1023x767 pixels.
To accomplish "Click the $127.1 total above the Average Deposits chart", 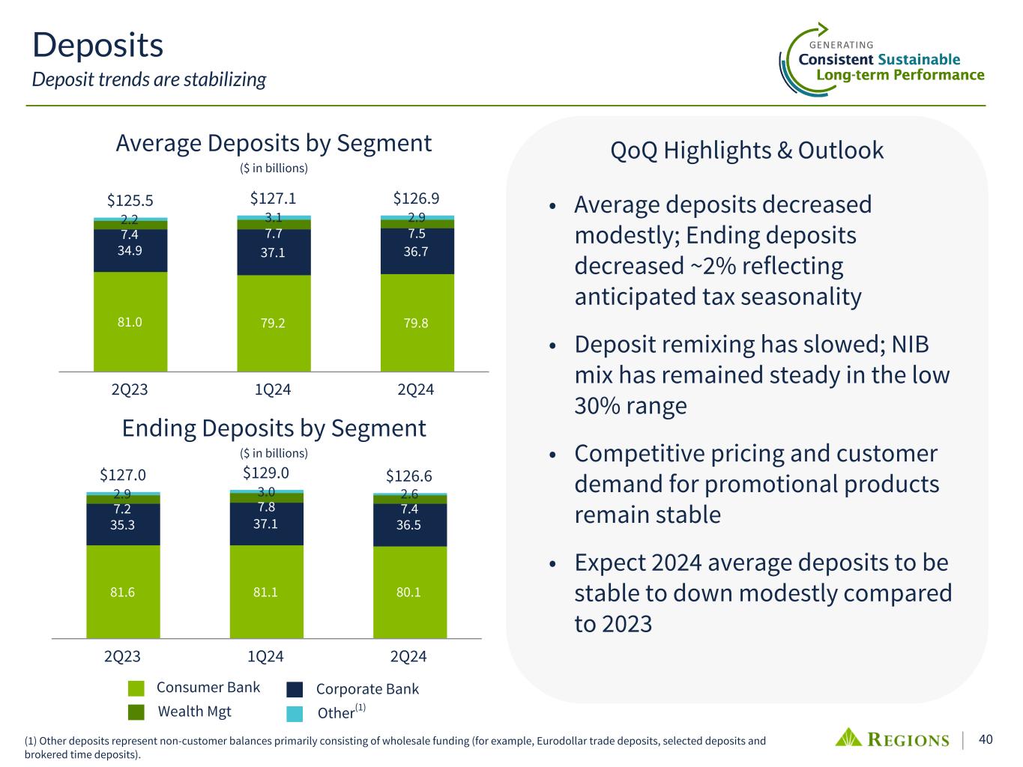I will tap(273, 198).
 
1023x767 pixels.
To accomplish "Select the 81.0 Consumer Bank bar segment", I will tap(130, 322).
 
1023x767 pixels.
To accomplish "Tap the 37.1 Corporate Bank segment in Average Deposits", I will tap(273, 252).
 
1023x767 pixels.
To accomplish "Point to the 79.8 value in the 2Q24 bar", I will tap(416, 323).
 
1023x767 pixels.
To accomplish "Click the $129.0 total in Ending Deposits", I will tap(266, 473).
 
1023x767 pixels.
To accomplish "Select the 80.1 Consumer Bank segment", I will tap(409, 592).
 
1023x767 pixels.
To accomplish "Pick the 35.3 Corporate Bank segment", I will tap(122, 525).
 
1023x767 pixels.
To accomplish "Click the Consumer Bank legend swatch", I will tap(136, 688).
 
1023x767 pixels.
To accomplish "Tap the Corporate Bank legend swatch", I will tap(295, 689).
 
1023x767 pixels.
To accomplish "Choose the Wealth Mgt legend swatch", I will tap(136, 712).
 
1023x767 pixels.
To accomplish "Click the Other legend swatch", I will tap(295, 713).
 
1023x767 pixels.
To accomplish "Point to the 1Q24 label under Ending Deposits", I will tap(265, 657).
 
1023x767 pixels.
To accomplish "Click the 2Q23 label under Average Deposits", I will tap(130, 390).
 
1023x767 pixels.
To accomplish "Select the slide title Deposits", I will tap(97, 45).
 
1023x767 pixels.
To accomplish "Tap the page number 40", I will tap(986, 740).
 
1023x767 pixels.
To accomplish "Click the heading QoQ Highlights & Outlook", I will tap(747, 151).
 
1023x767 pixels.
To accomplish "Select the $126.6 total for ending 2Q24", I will tap(409, 476).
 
